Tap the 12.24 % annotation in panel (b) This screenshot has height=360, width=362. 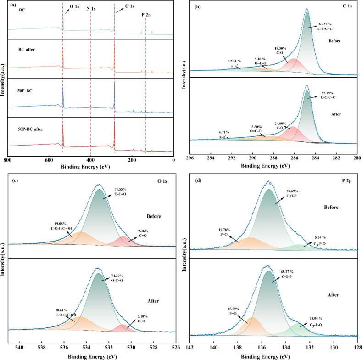(235, 61)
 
